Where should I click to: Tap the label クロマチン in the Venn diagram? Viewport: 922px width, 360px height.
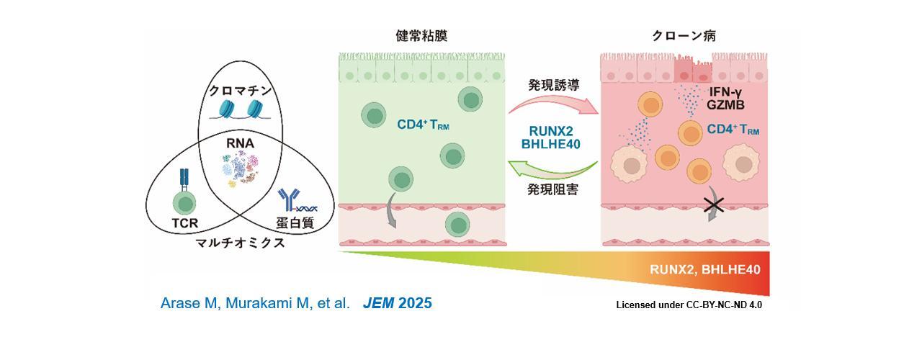pyautogui.click(x=240, y=91)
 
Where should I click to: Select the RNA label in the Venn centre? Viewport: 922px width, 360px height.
pyautogui.click(x=240, y=143)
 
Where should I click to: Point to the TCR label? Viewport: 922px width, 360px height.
pyautogui.click(x=184, y=222)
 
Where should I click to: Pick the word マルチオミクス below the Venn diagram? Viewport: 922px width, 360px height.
pyautogui.click(x=241, y=243)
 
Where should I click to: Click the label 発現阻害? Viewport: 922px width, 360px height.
pyautogui.click(x=553, y=190)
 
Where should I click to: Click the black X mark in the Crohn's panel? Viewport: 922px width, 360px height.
pyautogui.click(x=714, y=205)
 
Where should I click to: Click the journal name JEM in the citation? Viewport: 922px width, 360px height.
pyautogui.click(x=378, y=303)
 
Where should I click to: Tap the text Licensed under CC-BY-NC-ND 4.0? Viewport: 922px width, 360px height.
pyautogui.click(x=689, y=305)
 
